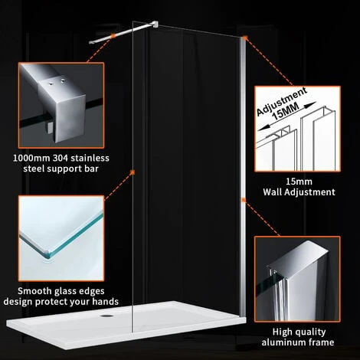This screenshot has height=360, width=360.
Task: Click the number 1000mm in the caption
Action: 31,158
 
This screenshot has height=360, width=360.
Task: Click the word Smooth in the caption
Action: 35,291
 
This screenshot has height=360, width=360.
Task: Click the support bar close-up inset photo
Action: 61,110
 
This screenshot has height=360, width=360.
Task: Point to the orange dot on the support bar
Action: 112,34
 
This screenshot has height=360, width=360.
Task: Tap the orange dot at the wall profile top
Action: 244,38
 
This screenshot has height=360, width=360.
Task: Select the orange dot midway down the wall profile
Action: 244,201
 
